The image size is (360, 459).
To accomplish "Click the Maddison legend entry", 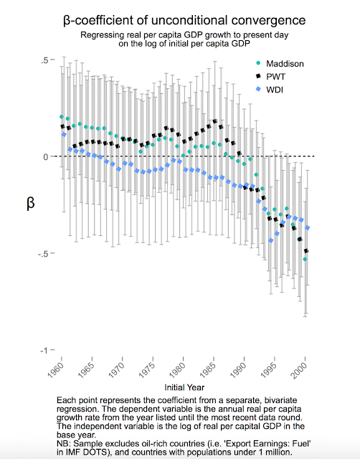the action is pos(280,64).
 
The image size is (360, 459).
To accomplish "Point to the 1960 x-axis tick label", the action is pos(56,370).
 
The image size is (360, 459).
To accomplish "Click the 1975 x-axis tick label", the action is pos(147,370).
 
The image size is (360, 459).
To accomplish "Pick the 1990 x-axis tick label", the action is pos(238,370).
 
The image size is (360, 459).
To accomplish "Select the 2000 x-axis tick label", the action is pos(300,370).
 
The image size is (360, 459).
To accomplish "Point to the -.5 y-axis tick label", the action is pos(43,253).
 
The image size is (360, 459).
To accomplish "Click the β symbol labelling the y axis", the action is pos(30,202).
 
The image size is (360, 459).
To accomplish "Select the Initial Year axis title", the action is pos(184,387).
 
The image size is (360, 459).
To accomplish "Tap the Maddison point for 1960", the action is pos(62,116).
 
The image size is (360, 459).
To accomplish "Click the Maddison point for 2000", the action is pos(305,259).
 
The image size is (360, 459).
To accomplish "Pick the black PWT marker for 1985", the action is pos(215,121).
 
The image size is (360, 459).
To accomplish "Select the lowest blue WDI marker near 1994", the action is pos(271,240).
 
